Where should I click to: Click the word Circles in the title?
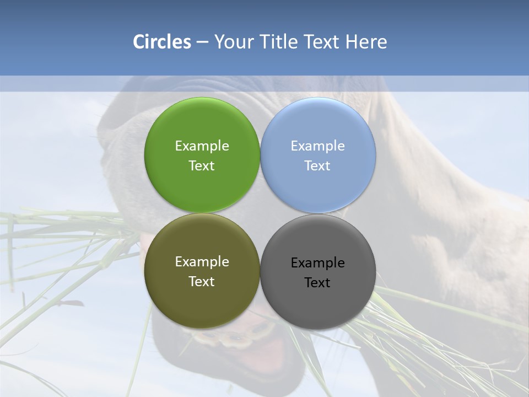162,42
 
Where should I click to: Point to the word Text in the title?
322,42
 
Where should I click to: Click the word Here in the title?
366,42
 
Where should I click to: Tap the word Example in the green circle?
202,146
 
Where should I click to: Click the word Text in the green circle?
202,166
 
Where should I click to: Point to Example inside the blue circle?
317,146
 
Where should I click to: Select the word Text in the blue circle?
317,166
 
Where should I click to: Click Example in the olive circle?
202,262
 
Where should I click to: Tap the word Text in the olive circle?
202,282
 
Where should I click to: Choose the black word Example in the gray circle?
317,263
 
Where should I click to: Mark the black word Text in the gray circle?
317,283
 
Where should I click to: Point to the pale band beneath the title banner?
264,83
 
